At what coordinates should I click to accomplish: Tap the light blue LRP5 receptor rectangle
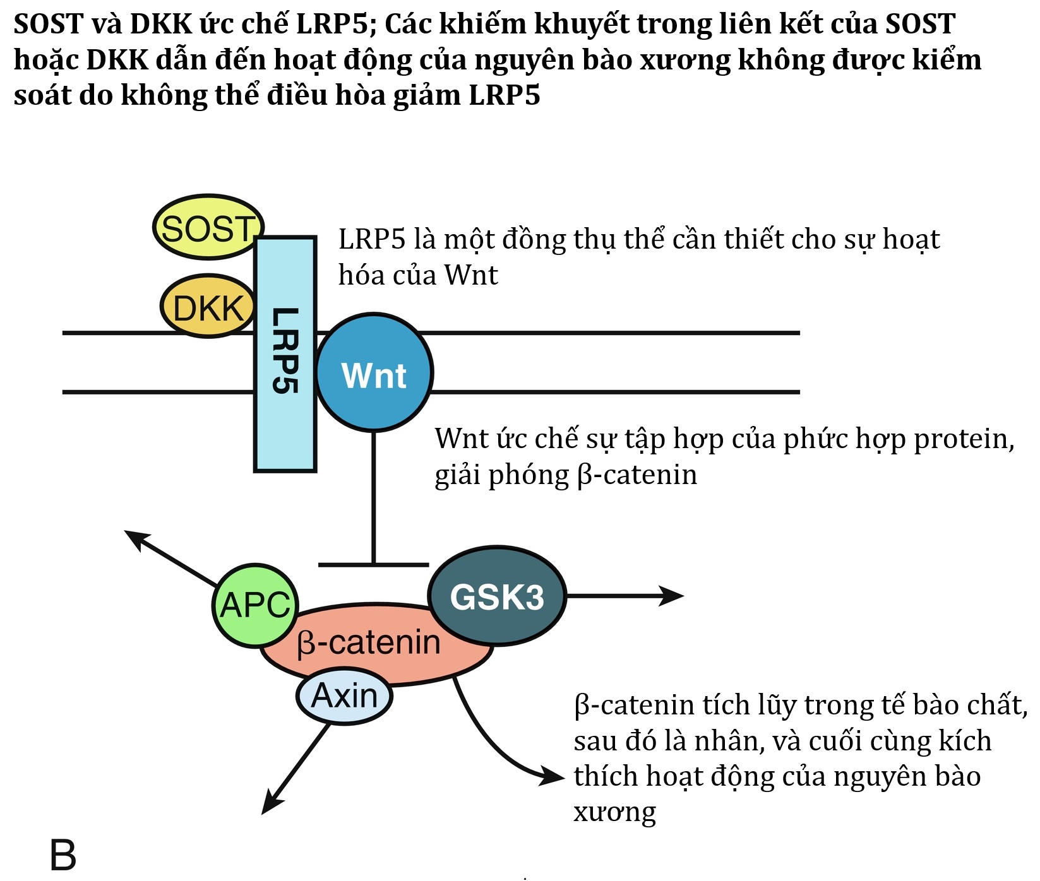285,429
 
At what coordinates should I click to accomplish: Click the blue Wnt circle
374,374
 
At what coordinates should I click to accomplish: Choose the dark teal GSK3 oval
497,596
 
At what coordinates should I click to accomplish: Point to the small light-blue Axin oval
344,696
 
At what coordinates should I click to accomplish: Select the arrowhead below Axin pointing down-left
268,807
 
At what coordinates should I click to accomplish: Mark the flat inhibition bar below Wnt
374,565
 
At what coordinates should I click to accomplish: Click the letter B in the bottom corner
63,855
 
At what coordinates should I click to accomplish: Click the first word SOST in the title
49,24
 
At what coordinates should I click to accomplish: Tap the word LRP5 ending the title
505,95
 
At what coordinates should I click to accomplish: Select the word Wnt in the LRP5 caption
471,275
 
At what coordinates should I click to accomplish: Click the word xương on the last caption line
614,812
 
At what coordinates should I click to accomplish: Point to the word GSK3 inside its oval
497,596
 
